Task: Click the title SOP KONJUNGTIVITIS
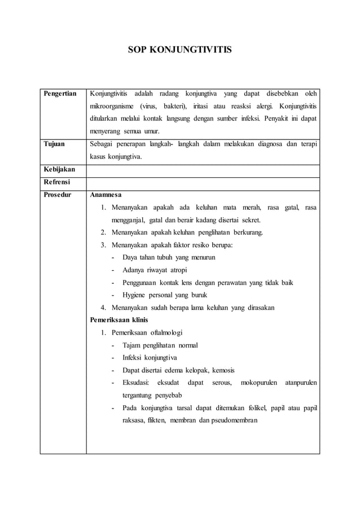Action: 179,50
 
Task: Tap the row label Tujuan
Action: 54,144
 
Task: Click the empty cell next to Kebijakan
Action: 203,169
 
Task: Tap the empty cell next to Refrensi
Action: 203,182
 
